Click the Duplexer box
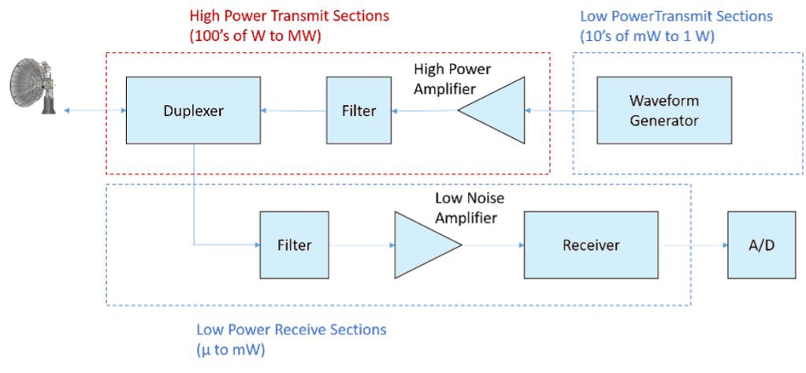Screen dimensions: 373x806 click(193, 110)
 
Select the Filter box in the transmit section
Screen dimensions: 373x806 click(358, 110)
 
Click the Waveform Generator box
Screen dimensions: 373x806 click(663, 110)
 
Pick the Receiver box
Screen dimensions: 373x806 click(591, 244)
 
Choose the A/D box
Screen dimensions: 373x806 click(760, 244)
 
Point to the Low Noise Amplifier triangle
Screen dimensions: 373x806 click(422, 244)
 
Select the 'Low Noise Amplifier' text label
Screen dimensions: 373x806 click(470, 208)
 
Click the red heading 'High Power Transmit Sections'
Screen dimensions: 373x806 click(289, 16)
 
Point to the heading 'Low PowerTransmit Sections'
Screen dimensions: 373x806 click(676, 16)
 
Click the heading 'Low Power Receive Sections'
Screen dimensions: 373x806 click(291, 329)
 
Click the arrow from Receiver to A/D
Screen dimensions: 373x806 click(693, 244)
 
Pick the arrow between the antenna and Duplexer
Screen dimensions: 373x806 click(95, 110)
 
